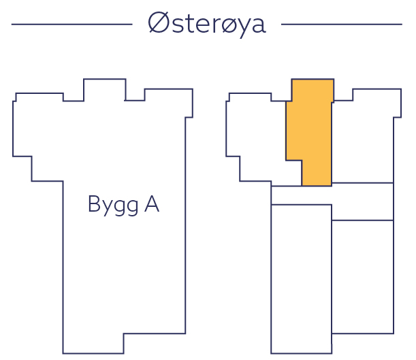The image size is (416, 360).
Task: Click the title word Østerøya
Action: (206, 24)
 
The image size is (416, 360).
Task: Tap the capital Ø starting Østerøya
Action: (159, 24)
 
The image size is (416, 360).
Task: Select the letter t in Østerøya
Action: (188, 24)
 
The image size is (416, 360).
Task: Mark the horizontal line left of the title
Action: (71, 24)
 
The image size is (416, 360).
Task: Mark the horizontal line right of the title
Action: (341, 24)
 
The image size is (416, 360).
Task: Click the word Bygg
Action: (113, 205)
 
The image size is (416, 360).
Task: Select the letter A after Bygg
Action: (151, 203)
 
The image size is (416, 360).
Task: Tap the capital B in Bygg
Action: (95, 203)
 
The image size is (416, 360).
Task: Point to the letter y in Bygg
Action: (107, 206)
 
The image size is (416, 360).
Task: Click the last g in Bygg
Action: (132, 206)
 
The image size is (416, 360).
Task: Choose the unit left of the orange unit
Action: (259, 140)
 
